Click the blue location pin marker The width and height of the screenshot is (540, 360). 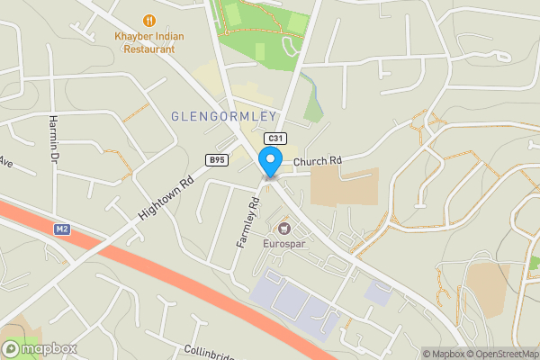coord(269,163)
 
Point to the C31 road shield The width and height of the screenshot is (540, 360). coord(274,139)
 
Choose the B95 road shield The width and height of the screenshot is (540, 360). coord(216,160)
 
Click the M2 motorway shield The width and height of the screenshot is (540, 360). coord(62,230)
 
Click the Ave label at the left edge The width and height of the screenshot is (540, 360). coord(4,162)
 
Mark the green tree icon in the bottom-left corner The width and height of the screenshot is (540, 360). coord(11,347)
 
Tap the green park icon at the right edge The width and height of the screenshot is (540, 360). coord(534,262)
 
